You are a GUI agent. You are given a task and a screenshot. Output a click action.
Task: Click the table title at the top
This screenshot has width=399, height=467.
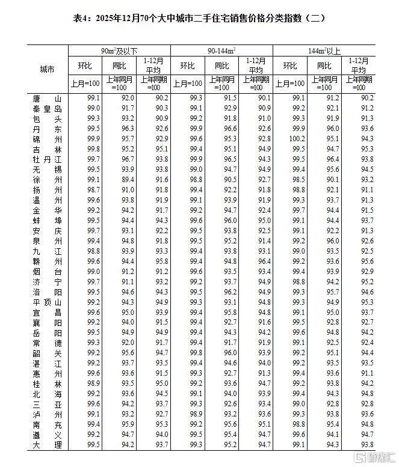coord(199,18)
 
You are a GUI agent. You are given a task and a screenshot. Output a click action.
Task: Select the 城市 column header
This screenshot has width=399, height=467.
coord(47,69)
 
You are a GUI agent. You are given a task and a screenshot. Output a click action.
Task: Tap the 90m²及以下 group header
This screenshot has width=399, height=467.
coord(119,50)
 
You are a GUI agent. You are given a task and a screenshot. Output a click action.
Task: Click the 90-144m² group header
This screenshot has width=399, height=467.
coord(222,50)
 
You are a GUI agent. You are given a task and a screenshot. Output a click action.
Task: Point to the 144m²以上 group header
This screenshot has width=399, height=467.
coord(325,50)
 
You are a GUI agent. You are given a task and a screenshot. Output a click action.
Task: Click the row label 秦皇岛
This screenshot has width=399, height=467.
coord(47,108)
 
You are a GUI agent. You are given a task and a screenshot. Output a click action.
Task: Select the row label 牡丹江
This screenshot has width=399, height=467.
coord(47,159)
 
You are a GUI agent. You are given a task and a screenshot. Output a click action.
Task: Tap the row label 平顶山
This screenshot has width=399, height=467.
coord(47,302)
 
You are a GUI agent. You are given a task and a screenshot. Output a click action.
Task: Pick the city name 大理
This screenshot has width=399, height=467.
coord(47,444)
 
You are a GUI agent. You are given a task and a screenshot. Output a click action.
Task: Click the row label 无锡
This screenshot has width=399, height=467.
coord(47,169)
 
